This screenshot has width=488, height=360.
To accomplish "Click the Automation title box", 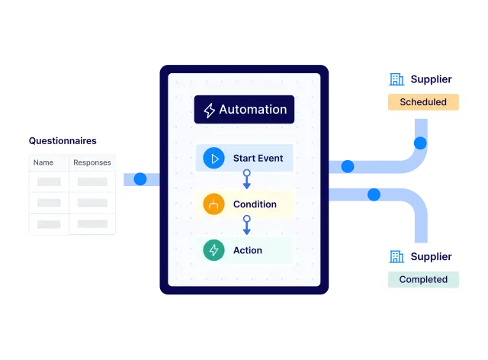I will click(x=244, y=110).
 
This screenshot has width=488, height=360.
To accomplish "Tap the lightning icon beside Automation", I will click(x=209, y=111).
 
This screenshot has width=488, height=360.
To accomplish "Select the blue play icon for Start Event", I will click(x=214, y=159).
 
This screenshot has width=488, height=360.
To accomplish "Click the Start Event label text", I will click(x=258, y=159).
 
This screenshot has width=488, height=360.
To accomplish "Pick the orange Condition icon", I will click(x=214, y=204).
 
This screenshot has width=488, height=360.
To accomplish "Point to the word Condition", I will click(x=255, y=204).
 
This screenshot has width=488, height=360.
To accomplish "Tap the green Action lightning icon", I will click(x=214, y=250).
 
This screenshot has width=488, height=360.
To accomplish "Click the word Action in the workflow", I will click(x=248, y=250).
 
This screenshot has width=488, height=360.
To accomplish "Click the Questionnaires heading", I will click(x=63, y=141).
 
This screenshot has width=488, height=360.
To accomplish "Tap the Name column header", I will click(x=43, y=162).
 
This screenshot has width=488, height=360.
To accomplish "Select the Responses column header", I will click(x=92, y=162).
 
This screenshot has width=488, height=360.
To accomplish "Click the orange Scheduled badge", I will click(x=423, y=102).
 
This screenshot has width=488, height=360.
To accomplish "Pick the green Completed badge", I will click(x=423, y=280).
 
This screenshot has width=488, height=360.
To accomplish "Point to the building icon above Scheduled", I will click(x=396, y=79).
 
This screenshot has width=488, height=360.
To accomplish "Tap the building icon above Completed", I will click(x=396, y=257).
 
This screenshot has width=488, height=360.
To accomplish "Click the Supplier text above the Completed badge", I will click(x=431, y=257).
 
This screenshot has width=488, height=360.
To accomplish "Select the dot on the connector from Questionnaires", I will click(x=140, y=179).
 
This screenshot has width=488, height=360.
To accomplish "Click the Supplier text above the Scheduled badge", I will click(x=431, y=79).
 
